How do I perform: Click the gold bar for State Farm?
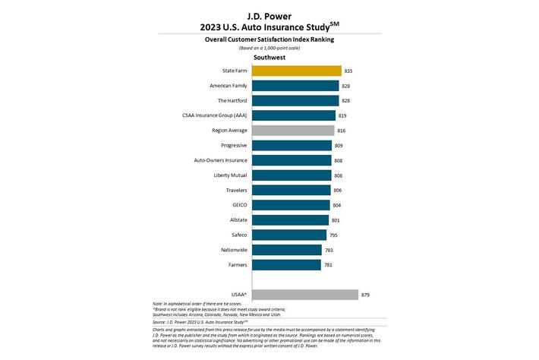[x=296, y=71]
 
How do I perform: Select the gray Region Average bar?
[x=293, y=131]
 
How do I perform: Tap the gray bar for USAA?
[x=304, y=295]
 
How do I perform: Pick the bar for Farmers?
[x=286, y=264]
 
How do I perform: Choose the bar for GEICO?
[x=291, y=205]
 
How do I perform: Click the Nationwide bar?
[x=287, y=250]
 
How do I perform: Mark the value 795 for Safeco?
[x=334, y=235]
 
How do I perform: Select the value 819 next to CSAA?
[x=343, y=115]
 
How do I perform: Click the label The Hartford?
[x=231, y=100]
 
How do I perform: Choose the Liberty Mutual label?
[x=229, y=175]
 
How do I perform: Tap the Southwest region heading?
[x=269, y=56]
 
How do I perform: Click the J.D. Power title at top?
[x=269, y=14]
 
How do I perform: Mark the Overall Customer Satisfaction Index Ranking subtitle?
[x=269, y=39]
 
